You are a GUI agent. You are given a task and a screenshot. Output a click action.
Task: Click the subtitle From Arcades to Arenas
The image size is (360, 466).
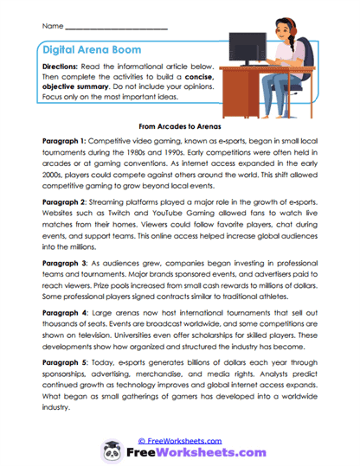(x=179, y=124)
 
